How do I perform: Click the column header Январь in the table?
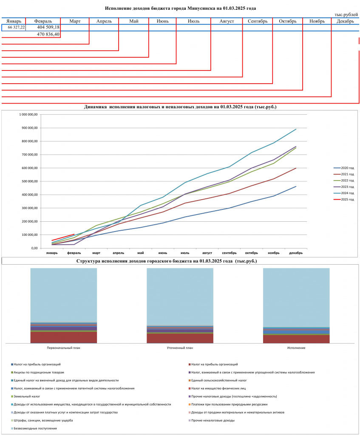point(14,21)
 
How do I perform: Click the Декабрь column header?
point(345,21)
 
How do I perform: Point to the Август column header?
point(227,21)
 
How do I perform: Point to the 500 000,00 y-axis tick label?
point(28,181)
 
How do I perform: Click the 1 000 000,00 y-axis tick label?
point(28,114)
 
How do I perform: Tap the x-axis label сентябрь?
point(229,253)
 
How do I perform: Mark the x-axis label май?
point(140,253)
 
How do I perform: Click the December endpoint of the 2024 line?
point(296,129)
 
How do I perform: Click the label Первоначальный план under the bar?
point(64,347)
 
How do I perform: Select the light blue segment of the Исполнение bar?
point(296,297)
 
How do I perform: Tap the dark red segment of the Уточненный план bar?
point(180,338)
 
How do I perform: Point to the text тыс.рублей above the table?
point(346,14)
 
